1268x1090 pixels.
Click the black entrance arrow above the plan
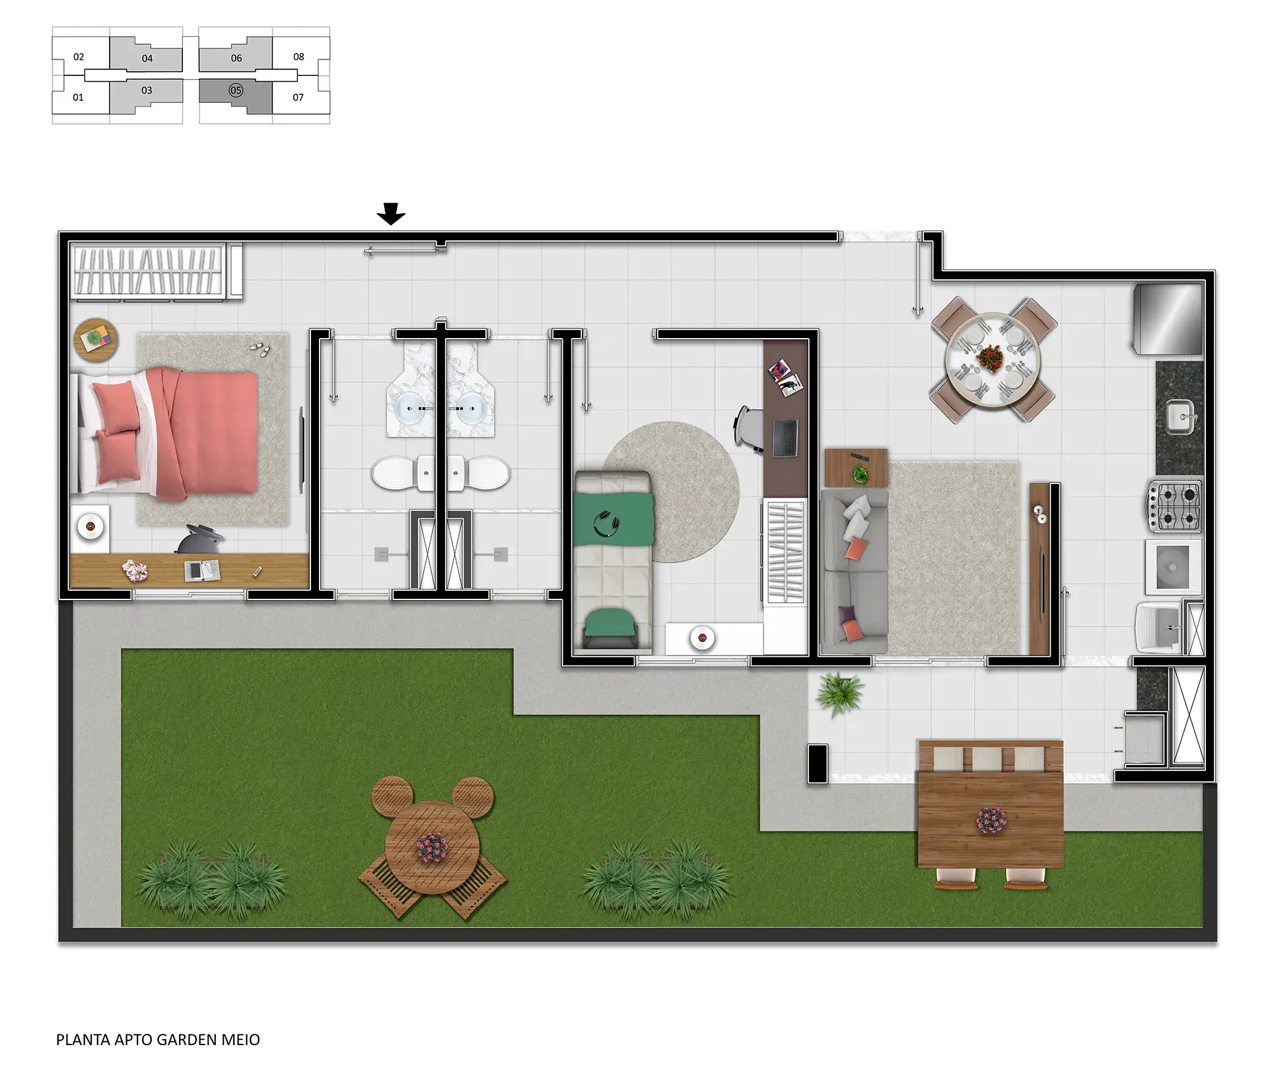point(391,214)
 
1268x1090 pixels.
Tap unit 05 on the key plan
point(236,90)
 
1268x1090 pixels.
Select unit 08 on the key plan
point(299,57)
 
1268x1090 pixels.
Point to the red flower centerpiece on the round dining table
point(990,358)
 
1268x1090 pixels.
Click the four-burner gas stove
point(1175,506)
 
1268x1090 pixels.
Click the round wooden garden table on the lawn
point(433,847)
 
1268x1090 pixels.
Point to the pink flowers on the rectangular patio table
point(991,821)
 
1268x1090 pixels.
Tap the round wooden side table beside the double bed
point(96,340)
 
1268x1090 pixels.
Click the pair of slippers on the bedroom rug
point(260,349)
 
